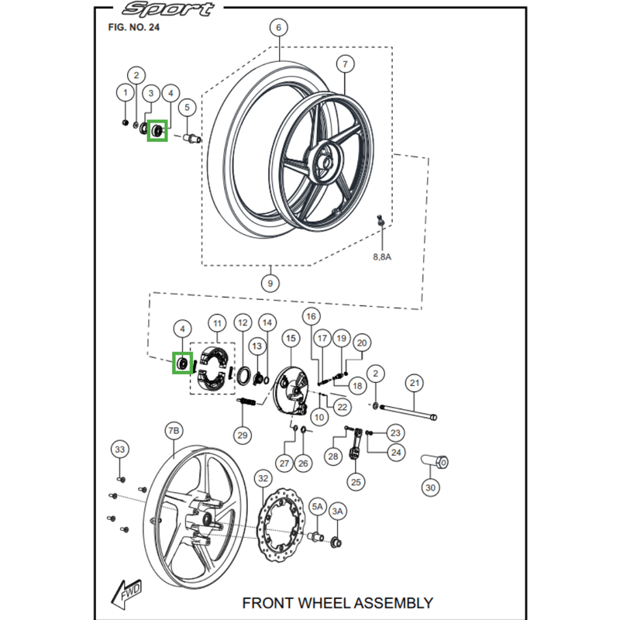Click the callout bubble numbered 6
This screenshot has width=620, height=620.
[x=277, y=29]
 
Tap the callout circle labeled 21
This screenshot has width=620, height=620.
[x=414, y=383]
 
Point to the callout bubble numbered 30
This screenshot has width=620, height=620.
[x=430, y=487]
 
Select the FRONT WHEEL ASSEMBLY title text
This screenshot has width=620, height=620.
[x=337, y=602]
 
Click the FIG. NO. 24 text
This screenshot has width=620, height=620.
[x=133, y=28]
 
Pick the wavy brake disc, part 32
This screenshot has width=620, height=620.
[x=286, y=528]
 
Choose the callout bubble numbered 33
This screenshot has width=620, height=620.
[x=119, y=449]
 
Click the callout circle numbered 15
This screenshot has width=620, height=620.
[x=291, y=339]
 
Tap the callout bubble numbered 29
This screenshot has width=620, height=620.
[x=243, y=436]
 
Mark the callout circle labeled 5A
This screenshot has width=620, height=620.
[x=318, y=506]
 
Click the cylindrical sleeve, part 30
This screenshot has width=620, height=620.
[x=433, y=463]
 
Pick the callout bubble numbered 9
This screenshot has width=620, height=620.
[x=270, y=284]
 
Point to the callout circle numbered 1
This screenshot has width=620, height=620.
[x=124, y=93]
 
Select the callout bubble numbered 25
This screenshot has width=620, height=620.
[x=356, y=482]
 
